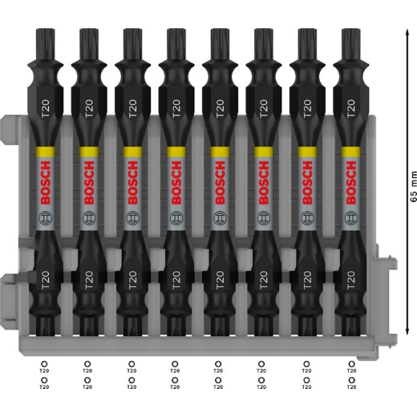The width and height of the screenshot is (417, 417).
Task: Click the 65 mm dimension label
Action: click(x=413, y=186)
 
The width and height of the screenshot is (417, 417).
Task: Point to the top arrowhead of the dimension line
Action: click(x=407, y=33)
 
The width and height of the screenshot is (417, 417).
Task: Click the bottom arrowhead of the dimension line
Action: click(x=407, y=330)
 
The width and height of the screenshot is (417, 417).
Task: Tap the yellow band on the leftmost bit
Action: click(x=45, y=152)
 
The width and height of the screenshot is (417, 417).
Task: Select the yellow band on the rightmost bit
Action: click(x=351, y=152)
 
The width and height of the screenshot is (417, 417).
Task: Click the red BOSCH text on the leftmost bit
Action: click(x=46, y=183)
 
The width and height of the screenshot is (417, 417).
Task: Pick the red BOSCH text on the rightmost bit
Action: click(x=351, y=183)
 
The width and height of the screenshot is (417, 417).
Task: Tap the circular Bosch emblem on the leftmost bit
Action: click(x=46, y=218)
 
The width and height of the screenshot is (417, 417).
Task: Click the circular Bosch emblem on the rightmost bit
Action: click(x=351, y=218)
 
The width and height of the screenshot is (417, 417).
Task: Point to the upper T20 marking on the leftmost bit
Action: click(x=46, y=108)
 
